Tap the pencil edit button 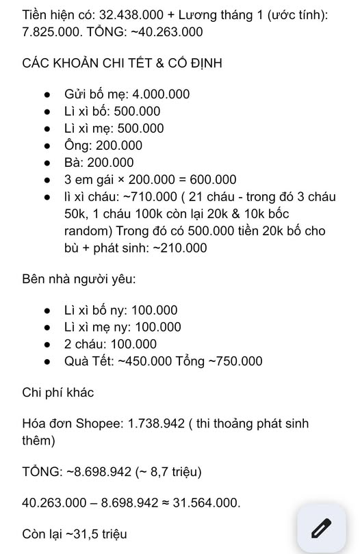tap(321, 528)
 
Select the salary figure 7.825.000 tap(51, 31)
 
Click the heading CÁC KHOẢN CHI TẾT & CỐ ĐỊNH tap(122, 63)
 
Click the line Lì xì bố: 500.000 tap(112, 111)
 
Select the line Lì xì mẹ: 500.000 tap(114, 129)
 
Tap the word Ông tap(77, 146)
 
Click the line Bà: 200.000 tap(99, 163)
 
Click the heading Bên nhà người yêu tap(79, 279)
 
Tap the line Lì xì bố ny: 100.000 tap(120, 310)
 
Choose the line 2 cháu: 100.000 tap(110, 344)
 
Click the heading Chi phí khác tap(58, 393)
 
